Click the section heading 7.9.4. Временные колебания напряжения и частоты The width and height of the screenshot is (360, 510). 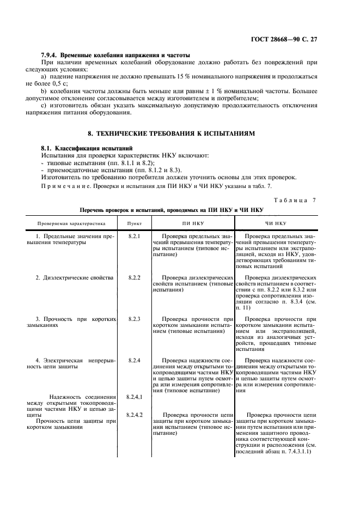[x=116, y=56]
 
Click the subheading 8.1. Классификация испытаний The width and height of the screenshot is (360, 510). [x=87, y=148]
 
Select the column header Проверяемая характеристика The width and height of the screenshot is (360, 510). [x=71, y=224]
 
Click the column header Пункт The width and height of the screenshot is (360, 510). [x=134, y=224]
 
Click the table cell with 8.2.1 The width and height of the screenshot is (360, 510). [x=134, y=236]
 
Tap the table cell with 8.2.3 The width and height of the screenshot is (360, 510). [x=134, y=318]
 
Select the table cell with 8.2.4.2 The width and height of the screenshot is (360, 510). [x=134, y=415]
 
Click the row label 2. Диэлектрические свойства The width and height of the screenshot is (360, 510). [x=75, y=277]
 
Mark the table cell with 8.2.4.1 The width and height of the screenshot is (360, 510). [x=134, y=397]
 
